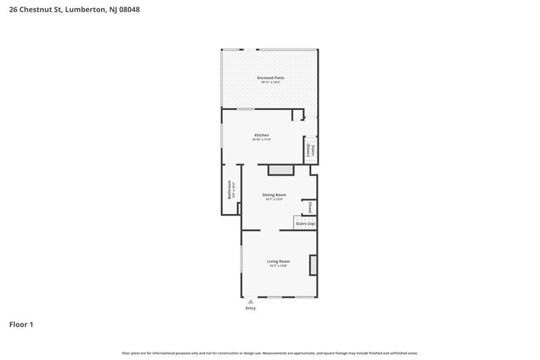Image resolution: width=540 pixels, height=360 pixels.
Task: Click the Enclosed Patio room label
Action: (270, 78)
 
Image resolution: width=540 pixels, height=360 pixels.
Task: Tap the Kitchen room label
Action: (261, 135)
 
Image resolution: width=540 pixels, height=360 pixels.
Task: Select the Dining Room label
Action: (274, 195)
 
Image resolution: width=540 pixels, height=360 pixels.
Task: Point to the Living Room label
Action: (278, 261)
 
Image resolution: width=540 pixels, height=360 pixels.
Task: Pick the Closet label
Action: (310, 207)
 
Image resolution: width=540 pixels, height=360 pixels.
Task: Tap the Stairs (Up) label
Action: (305, 224)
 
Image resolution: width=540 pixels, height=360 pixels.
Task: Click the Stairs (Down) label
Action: (310, 150)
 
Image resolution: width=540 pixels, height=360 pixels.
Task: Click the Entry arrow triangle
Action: (250, 301)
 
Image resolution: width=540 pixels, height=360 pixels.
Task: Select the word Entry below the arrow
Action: (250, 308)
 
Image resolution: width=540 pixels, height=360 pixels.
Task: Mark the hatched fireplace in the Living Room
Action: (313, 264)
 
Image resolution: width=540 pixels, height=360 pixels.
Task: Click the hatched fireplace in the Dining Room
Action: (281, 170)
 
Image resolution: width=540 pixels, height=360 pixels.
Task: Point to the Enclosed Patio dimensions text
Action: (270, 82)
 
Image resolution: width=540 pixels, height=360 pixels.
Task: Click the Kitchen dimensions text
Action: (261, 140)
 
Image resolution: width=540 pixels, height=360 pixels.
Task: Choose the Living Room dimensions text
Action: (278, 266)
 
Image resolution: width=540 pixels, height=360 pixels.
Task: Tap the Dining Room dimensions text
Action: (274, 199)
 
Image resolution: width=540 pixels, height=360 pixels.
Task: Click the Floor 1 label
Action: (21, 325)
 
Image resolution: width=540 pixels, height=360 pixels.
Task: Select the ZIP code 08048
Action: (130, 10)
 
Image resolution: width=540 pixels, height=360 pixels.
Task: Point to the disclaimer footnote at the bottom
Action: (269, 353)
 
